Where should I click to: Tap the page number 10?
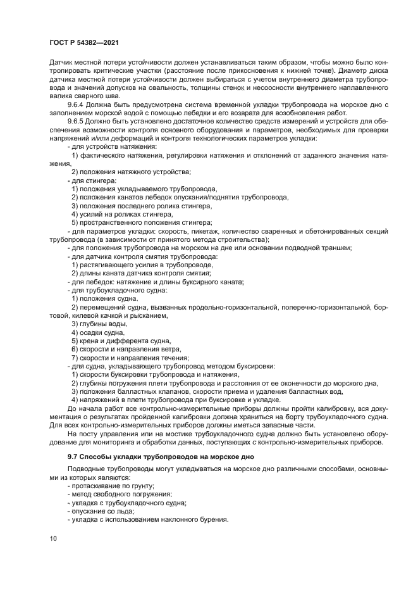coord(52,538)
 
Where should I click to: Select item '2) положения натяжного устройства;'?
coord(132,172)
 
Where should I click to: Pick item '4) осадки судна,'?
coord(98,332)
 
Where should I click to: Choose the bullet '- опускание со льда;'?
coord(100,511)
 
